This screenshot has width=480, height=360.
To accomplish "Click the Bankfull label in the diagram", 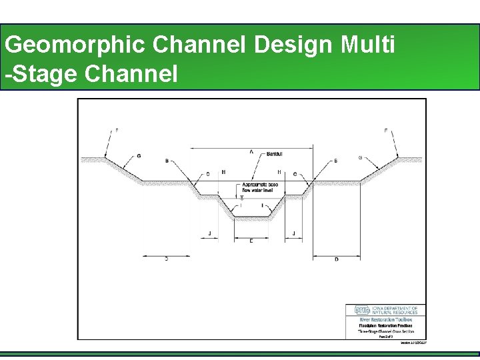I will (x=275, y=154).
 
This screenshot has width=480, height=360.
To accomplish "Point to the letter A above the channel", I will (x=251, y=151).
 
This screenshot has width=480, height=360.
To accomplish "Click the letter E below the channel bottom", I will (x=251, y=241).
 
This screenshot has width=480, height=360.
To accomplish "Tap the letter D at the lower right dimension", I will (x=336, y=259).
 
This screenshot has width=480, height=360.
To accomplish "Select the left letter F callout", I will (x=117, y=131).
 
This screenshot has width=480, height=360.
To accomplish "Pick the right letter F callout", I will (x=385, y=131).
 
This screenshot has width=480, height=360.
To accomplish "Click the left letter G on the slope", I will (x=139, y=156).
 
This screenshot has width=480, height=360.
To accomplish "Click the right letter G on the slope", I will (x=361, y=158).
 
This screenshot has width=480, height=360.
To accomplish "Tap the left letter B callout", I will (x=167, y=161).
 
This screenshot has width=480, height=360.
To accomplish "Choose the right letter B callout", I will (x=335, y=161).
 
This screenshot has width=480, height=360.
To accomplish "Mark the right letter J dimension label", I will (x=294, y=233).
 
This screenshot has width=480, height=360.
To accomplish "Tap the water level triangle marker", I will (x=241, y=197).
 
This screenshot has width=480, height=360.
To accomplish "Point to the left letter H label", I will (x=223, y=173).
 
